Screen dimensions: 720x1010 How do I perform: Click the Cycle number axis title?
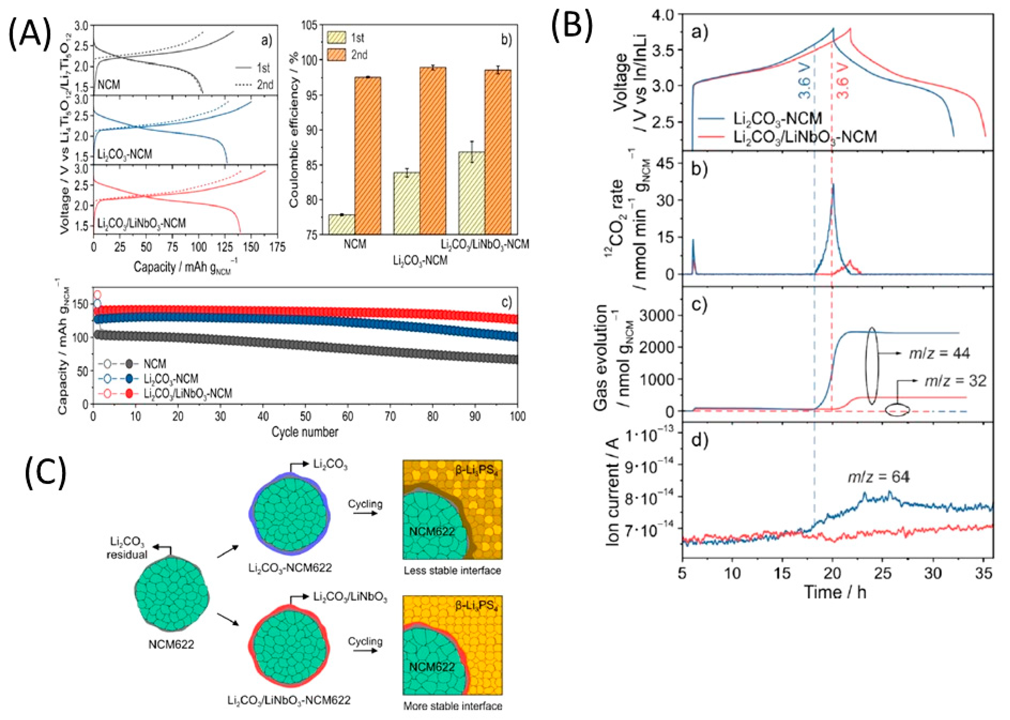[x=305, y=432]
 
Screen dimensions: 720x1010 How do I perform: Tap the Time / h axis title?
[x=835, y=592]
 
